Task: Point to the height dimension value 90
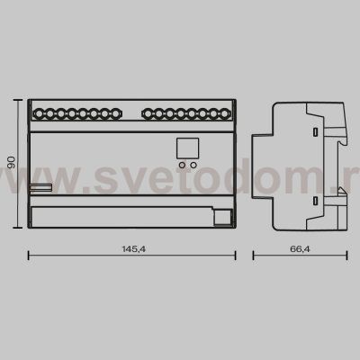coord(12,162)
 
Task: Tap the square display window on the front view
coord(187,147)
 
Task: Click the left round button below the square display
coord(182,166)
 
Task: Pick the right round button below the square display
coord(193,166)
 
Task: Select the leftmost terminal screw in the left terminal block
coord(40,114)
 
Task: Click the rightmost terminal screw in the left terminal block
coord(116,114)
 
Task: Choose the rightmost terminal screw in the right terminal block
coord(213,114)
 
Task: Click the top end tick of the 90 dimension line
coord(21,101)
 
